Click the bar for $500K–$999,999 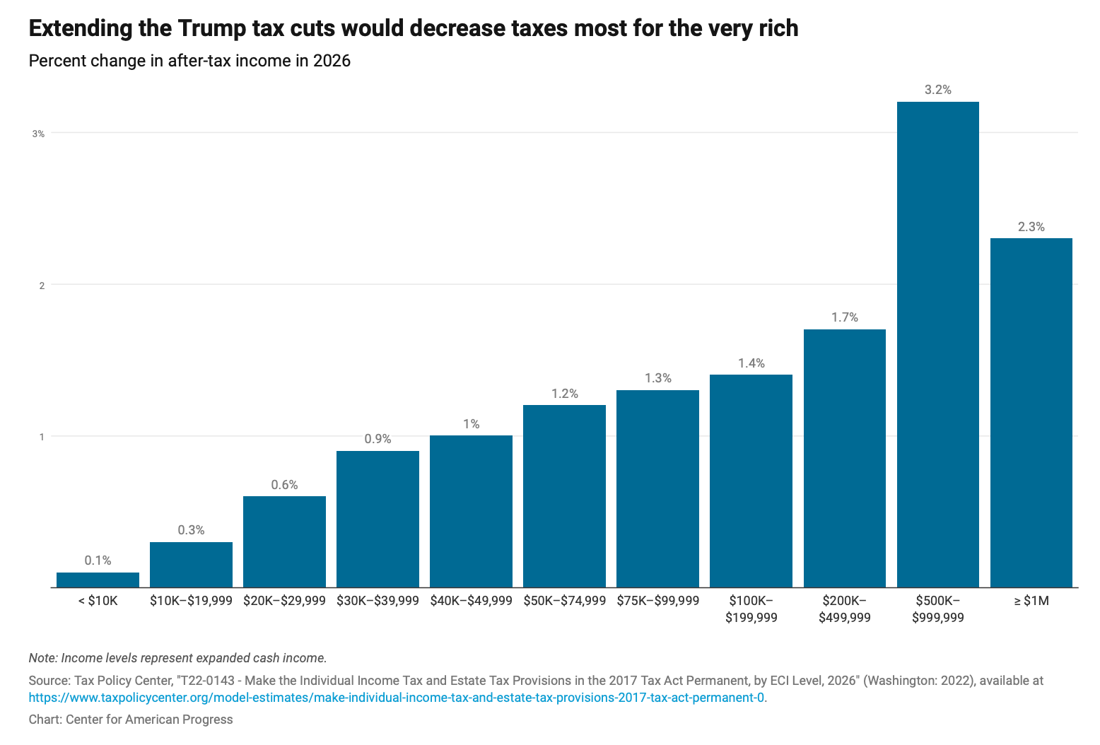coord(937,344)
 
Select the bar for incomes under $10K coord(98,580)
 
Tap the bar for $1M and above coord(1031,412)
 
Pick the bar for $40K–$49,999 coord(471,511)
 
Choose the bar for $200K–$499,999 coord(844,458)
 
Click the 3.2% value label coord(937,90)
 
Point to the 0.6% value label coord(284,485)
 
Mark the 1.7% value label coord(844,317)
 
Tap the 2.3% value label coord(1031,227)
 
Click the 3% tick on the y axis coord(38,134)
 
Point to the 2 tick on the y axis coord(42,286)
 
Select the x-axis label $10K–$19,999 coord(191,601)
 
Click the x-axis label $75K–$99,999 coord(657,601)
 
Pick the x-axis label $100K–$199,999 coord(751,609)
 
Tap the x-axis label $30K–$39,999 coord(378,601)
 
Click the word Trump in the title coord(211,28)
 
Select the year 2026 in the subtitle coord(332,61)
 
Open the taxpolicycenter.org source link coord(397,698)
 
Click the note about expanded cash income coord(177,658)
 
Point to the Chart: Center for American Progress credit coord(131,720)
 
